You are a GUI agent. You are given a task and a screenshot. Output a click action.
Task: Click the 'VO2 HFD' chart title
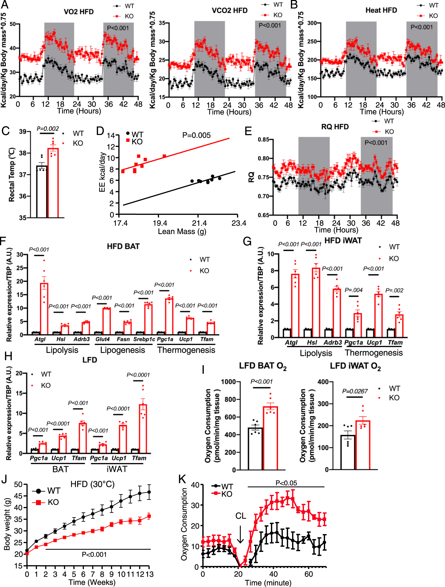click(79, 12)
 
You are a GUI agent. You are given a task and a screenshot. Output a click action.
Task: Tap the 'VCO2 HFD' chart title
click(230, 10)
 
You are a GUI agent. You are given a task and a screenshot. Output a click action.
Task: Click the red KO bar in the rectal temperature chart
click(53, 183)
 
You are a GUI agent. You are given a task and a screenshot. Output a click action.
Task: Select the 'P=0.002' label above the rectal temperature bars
click(48, 129)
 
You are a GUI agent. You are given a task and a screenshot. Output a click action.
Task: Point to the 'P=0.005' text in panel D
click(196, 135)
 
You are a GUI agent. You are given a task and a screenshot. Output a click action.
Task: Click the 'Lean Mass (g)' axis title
click(182, 232)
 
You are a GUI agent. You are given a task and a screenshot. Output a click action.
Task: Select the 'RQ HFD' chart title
click(335, 127)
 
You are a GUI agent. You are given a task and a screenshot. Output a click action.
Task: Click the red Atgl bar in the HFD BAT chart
click(44, 309)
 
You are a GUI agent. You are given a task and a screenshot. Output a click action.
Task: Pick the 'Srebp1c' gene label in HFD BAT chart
click(144, 339)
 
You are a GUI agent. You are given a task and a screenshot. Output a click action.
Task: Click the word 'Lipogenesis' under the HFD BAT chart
click(122, 350)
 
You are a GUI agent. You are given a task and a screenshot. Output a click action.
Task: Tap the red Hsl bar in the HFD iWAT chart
click(316, 303)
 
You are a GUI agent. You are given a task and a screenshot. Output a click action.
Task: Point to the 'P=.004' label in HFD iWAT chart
click(353, 290)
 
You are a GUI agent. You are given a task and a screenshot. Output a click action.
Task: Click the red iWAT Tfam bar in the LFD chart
click(143, 429)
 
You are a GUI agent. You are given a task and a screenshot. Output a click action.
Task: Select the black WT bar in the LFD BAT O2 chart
click(255, 449)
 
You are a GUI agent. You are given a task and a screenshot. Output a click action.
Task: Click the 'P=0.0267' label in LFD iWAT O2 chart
click(355, 391)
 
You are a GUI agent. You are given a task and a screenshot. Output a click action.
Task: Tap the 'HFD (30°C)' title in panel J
click(93, 484)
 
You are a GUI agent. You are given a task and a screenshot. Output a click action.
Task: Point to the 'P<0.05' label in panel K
click(286, 483)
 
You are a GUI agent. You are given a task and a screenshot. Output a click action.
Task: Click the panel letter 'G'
click(247, 241)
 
